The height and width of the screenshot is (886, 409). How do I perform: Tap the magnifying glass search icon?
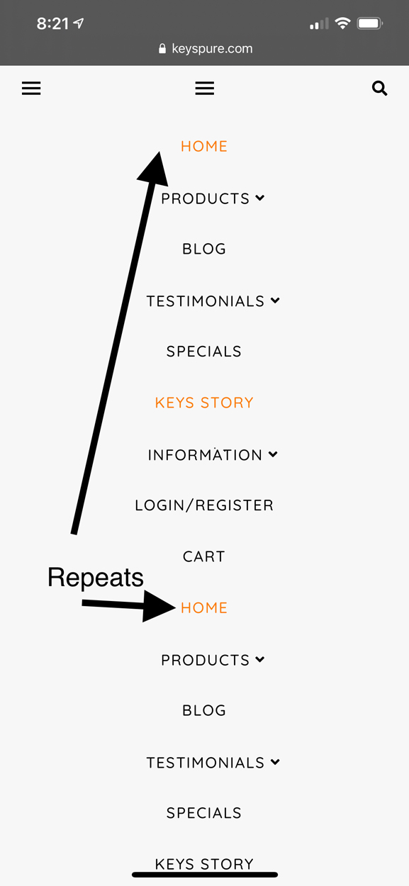tap(379, 88)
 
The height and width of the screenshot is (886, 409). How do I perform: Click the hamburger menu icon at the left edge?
tap(31, 88)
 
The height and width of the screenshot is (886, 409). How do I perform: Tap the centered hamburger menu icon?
tap(205, 88)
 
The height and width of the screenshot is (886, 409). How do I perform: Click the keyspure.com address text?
tap(212, 49)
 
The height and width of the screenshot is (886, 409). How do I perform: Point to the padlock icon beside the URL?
tap(162, 48)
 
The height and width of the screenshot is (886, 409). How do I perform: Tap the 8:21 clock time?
tap(52, 23)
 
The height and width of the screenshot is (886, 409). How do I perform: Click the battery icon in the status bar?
tap(370, 23)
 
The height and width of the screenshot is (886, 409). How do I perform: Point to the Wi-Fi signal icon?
tap(342, 23)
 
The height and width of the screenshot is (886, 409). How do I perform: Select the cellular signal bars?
tap(319, 23)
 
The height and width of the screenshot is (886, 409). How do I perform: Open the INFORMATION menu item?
tap(205, 455)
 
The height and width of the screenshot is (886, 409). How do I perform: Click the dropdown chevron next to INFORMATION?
tap(273, 454)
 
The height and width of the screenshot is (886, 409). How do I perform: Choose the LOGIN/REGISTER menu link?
tap(204, 505)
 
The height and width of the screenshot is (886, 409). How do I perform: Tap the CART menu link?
tap(204, 556)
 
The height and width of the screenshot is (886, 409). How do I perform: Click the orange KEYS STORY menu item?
tap(204, 403)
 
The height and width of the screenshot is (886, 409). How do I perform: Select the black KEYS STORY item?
tap(204, 864)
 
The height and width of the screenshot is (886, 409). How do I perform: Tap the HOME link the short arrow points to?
tap(204, 607)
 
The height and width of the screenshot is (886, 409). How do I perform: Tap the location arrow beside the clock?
tap(79, 23)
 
